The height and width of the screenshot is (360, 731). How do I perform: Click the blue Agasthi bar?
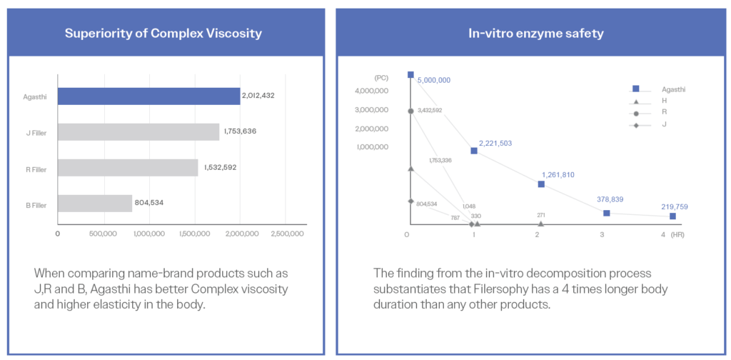tap(148, 96)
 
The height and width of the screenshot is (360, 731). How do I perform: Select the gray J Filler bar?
tap(138, 131)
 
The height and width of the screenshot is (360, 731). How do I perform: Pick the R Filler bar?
tap(127, 167)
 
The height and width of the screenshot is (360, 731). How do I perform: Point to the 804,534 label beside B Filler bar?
tap(148, 203)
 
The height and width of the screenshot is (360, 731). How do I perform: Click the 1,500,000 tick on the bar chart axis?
tap(194, 233)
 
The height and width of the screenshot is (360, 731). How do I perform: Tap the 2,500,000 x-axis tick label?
tap(285, 233)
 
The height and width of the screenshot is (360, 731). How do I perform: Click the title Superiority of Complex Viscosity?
tap(163, 34)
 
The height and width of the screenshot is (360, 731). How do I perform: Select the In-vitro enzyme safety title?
tap(528, 34)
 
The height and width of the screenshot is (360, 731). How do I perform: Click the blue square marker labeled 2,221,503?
tap(474, 151)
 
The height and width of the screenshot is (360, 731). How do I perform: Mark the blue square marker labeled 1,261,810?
tap(541, 184)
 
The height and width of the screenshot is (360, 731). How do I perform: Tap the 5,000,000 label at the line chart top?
tap(434, 80)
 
